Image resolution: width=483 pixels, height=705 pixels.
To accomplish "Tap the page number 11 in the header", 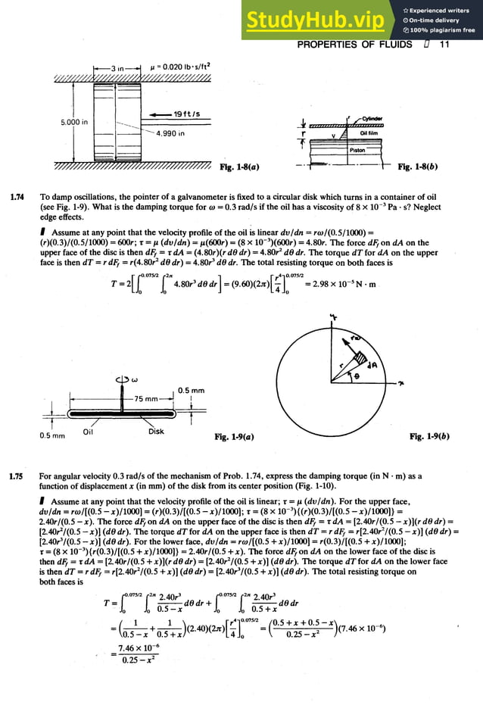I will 444,45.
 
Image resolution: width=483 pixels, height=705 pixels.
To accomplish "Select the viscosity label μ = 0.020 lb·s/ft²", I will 181,67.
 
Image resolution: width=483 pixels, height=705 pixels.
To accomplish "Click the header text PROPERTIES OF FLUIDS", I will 354,45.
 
